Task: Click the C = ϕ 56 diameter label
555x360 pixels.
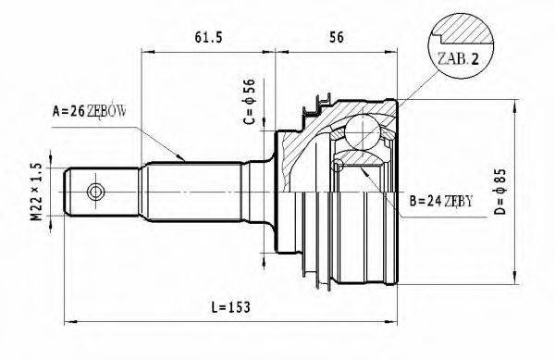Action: [248, 104]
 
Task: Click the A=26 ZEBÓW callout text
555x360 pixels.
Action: [89, 111]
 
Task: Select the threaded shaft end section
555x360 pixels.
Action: [102, 192]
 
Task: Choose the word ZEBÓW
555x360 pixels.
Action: [106, 111]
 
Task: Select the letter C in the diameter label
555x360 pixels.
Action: [248, 123]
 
